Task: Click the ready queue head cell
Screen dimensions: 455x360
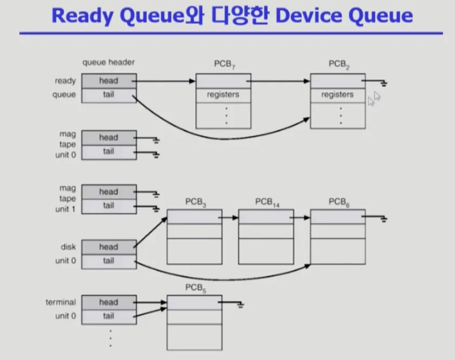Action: point(109,81)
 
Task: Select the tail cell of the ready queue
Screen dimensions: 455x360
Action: point(109,95)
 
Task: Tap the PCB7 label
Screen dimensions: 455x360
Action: point(225,64)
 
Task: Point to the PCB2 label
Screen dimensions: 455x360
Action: point(339,64)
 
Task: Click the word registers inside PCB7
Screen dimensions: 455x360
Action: point(223,94)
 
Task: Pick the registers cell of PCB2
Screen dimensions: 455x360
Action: point(338,95)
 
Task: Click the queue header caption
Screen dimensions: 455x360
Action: point(108,63)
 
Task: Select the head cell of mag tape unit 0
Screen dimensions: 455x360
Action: point(109,138)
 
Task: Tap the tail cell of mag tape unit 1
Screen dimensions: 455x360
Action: point(109,206)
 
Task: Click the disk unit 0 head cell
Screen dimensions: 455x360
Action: point(109,247)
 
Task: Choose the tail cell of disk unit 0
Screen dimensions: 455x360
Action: point(109,261)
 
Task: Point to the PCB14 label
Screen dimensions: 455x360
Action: point(267,202)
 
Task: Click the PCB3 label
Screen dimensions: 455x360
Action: point(196,202)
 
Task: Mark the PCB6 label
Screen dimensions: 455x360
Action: point(339,202)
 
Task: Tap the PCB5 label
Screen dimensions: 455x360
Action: point(196,288)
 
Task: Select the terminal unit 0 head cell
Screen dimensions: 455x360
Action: point(109,302)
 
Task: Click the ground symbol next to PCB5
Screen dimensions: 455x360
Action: point(240,305)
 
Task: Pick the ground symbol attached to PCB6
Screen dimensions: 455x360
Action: point(384,219)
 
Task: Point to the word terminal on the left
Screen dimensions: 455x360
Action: point(60,302)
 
